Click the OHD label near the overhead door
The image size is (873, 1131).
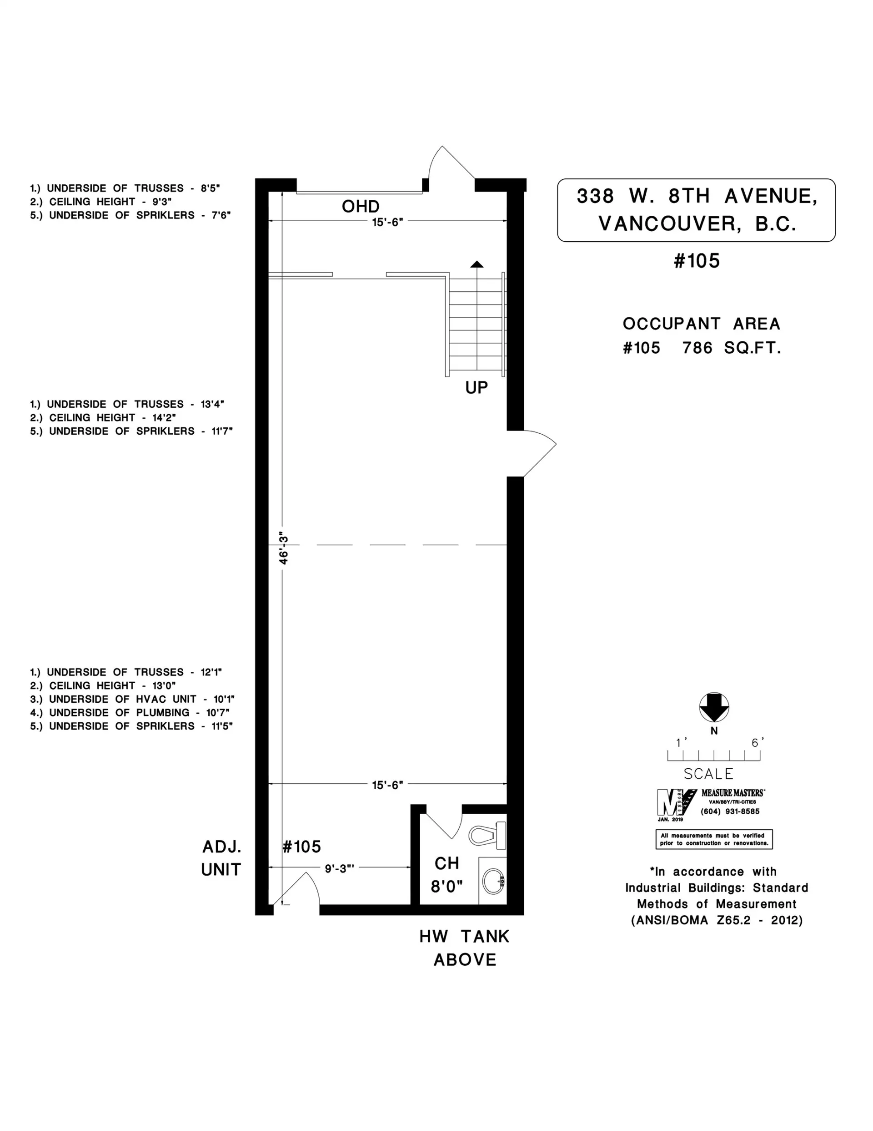[x=361, y=207]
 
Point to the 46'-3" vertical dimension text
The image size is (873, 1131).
[x=284, y=548]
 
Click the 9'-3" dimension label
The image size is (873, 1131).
[x=339, y=868]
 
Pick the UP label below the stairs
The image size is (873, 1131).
[x=476, y=388]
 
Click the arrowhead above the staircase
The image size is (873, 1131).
[x=477, y=264]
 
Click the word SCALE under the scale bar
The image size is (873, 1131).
[x=708, y=774]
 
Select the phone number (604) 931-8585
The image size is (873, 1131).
[x=730, y=811]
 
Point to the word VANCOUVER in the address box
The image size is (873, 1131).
[x=667, y=224]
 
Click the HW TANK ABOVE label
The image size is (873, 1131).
[x=464, y=948]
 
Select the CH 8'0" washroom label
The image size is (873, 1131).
[x=447, y=875]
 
